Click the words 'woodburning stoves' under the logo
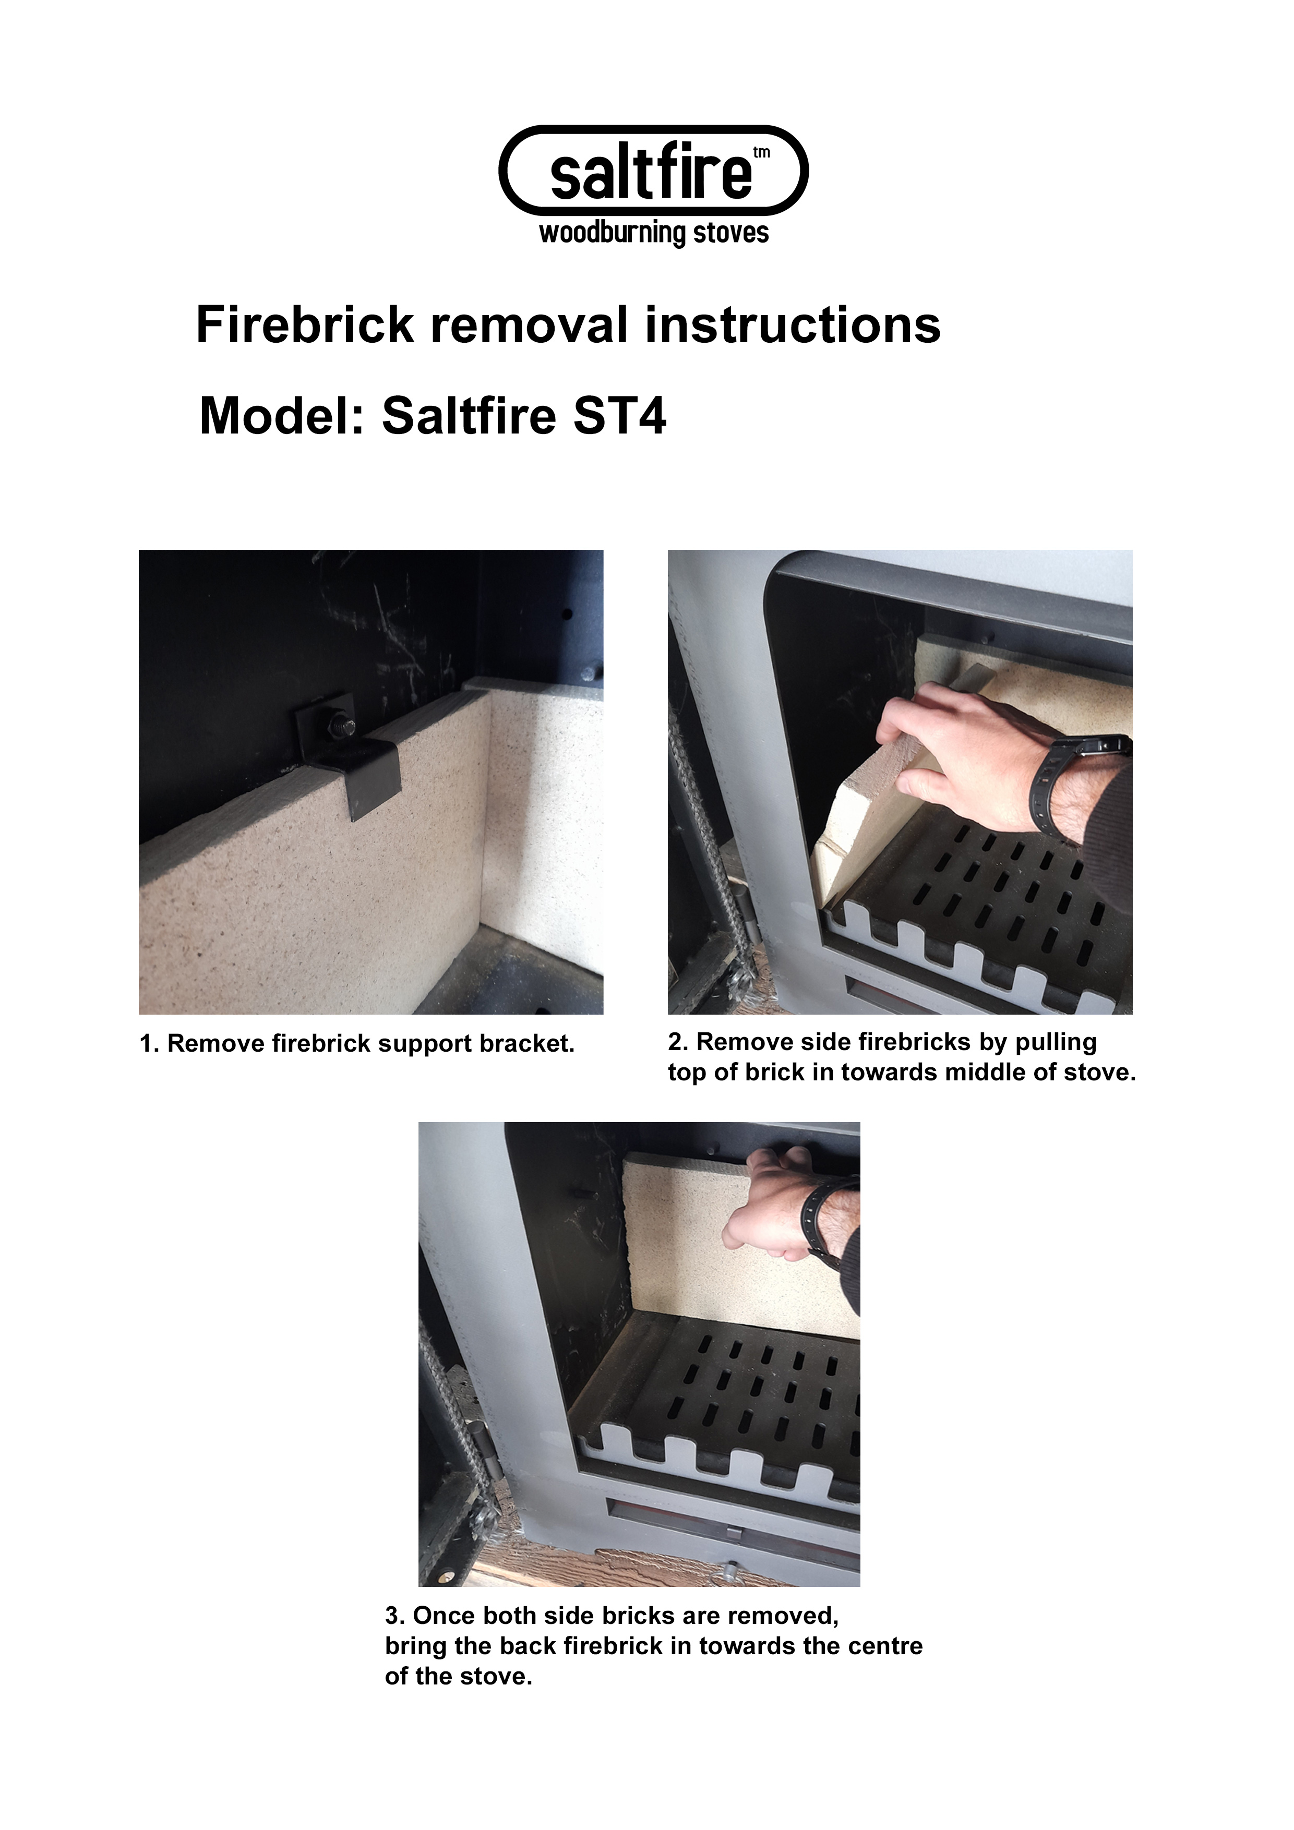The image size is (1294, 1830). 654,234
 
